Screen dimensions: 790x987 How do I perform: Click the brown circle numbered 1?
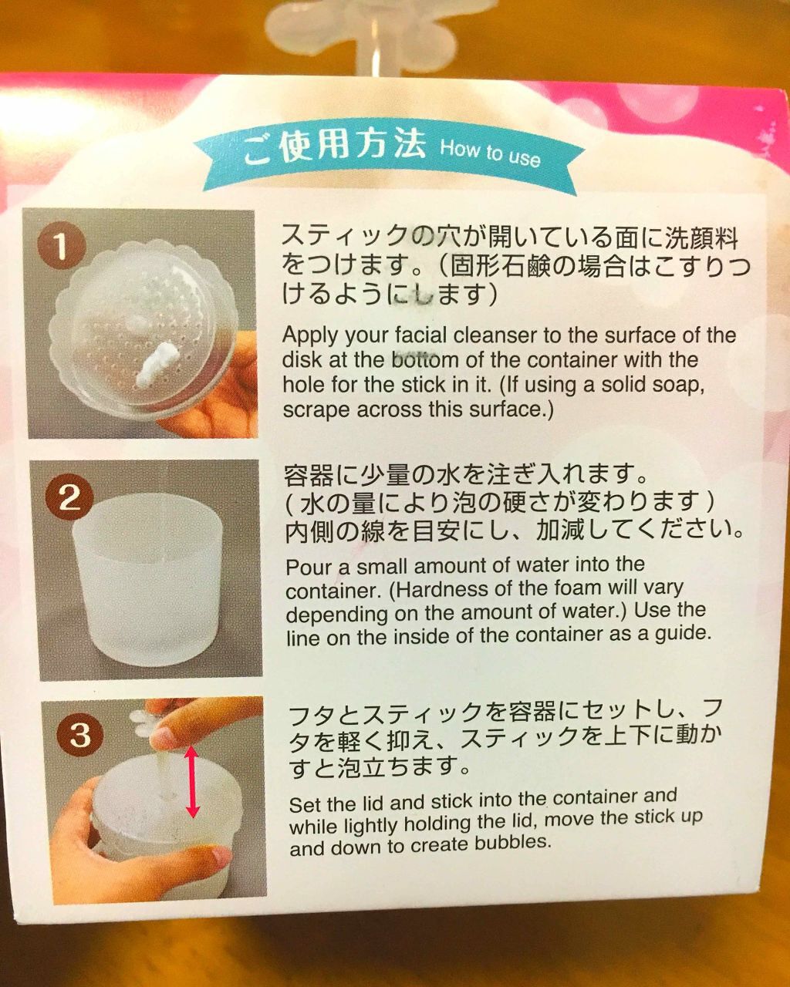click(61, 246)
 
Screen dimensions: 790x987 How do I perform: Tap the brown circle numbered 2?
click(69, 497)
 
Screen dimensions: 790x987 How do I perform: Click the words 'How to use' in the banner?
click(489, 153)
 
